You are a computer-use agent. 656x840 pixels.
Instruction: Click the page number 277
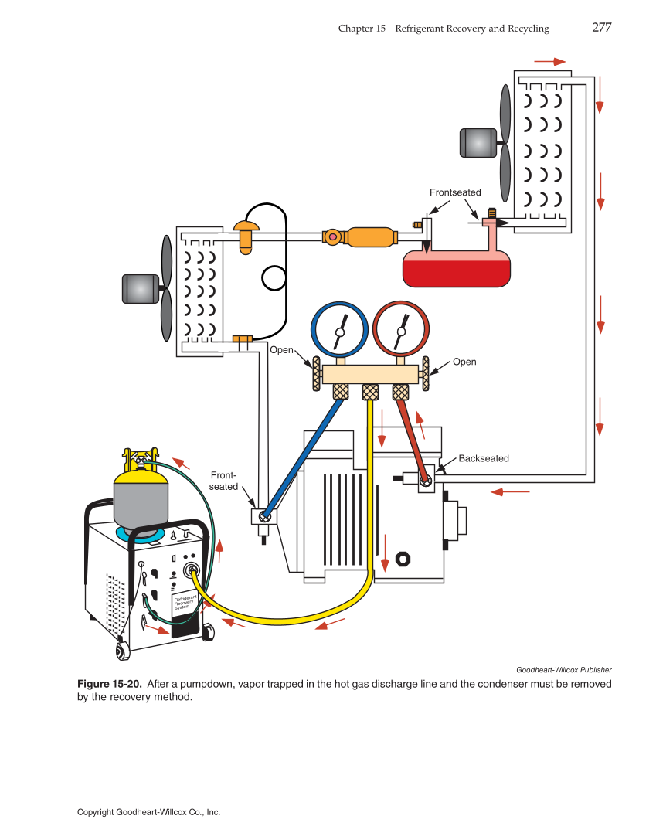(601, 28)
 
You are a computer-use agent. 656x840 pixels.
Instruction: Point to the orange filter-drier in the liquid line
(370, 236)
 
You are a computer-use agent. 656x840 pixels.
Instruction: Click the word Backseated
(484, 458)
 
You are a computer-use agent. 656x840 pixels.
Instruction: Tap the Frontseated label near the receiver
(455, 192)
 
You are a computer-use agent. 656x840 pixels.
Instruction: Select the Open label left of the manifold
(281, 350)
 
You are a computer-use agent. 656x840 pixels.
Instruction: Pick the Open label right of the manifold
(464, 362)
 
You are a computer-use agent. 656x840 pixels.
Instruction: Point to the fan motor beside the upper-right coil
(478, 143)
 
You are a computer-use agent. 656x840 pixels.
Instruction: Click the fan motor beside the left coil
(140, 289)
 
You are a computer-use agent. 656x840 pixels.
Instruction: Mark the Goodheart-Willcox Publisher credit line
(563, 669)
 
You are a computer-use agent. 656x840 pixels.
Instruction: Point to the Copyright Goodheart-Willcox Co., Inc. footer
(148, 812)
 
